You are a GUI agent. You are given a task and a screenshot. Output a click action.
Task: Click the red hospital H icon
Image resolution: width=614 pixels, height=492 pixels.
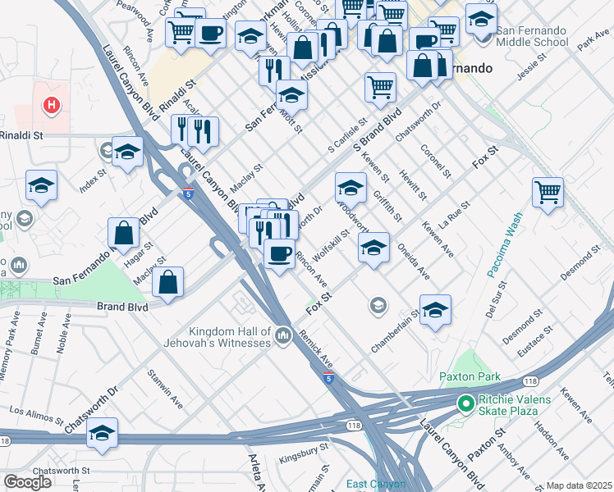pyautogui.click(x=52, y=105)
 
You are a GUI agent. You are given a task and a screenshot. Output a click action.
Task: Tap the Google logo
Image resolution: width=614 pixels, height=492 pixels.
pyautogui.click(x=27, y=481)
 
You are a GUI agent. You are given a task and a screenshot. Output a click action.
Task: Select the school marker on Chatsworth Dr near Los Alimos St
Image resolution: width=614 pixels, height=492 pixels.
pyautogui.click(x=102, y=435)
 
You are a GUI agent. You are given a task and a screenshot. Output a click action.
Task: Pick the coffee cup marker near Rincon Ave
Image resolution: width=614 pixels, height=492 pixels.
pyautogui.click(x=279, y=253)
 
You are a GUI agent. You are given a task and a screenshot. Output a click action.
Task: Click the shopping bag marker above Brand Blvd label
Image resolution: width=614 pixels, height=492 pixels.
pyautogui.click(x=168, y=283)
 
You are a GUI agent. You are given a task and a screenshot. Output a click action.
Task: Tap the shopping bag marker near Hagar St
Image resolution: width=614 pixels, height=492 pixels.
pyautogui.click(x=123, y=233)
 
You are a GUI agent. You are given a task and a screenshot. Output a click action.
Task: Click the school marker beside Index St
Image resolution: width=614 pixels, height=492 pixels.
pyautogui.click(x=127, y=153)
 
